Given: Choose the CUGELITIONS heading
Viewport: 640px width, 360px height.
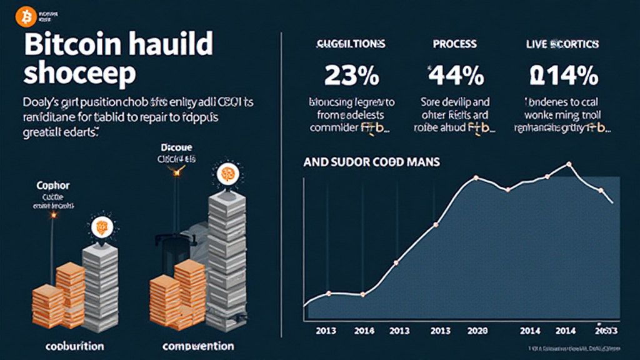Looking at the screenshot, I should pos(351,44).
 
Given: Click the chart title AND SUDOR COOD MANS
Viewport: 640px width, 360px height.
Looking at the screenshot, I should pos(371,162).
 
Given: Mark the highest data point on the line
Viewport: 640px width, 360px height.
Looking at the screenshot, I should pos(569,164).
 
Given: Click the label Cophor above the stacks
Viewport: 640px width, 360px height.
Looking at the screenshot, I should pos(53,186).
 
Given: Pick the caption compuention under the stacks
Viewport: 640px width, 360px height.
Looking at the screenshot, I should pos(198,346).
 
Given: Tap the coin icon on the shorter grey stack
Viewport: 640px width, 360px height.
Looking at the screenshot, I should pos(100,226).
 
